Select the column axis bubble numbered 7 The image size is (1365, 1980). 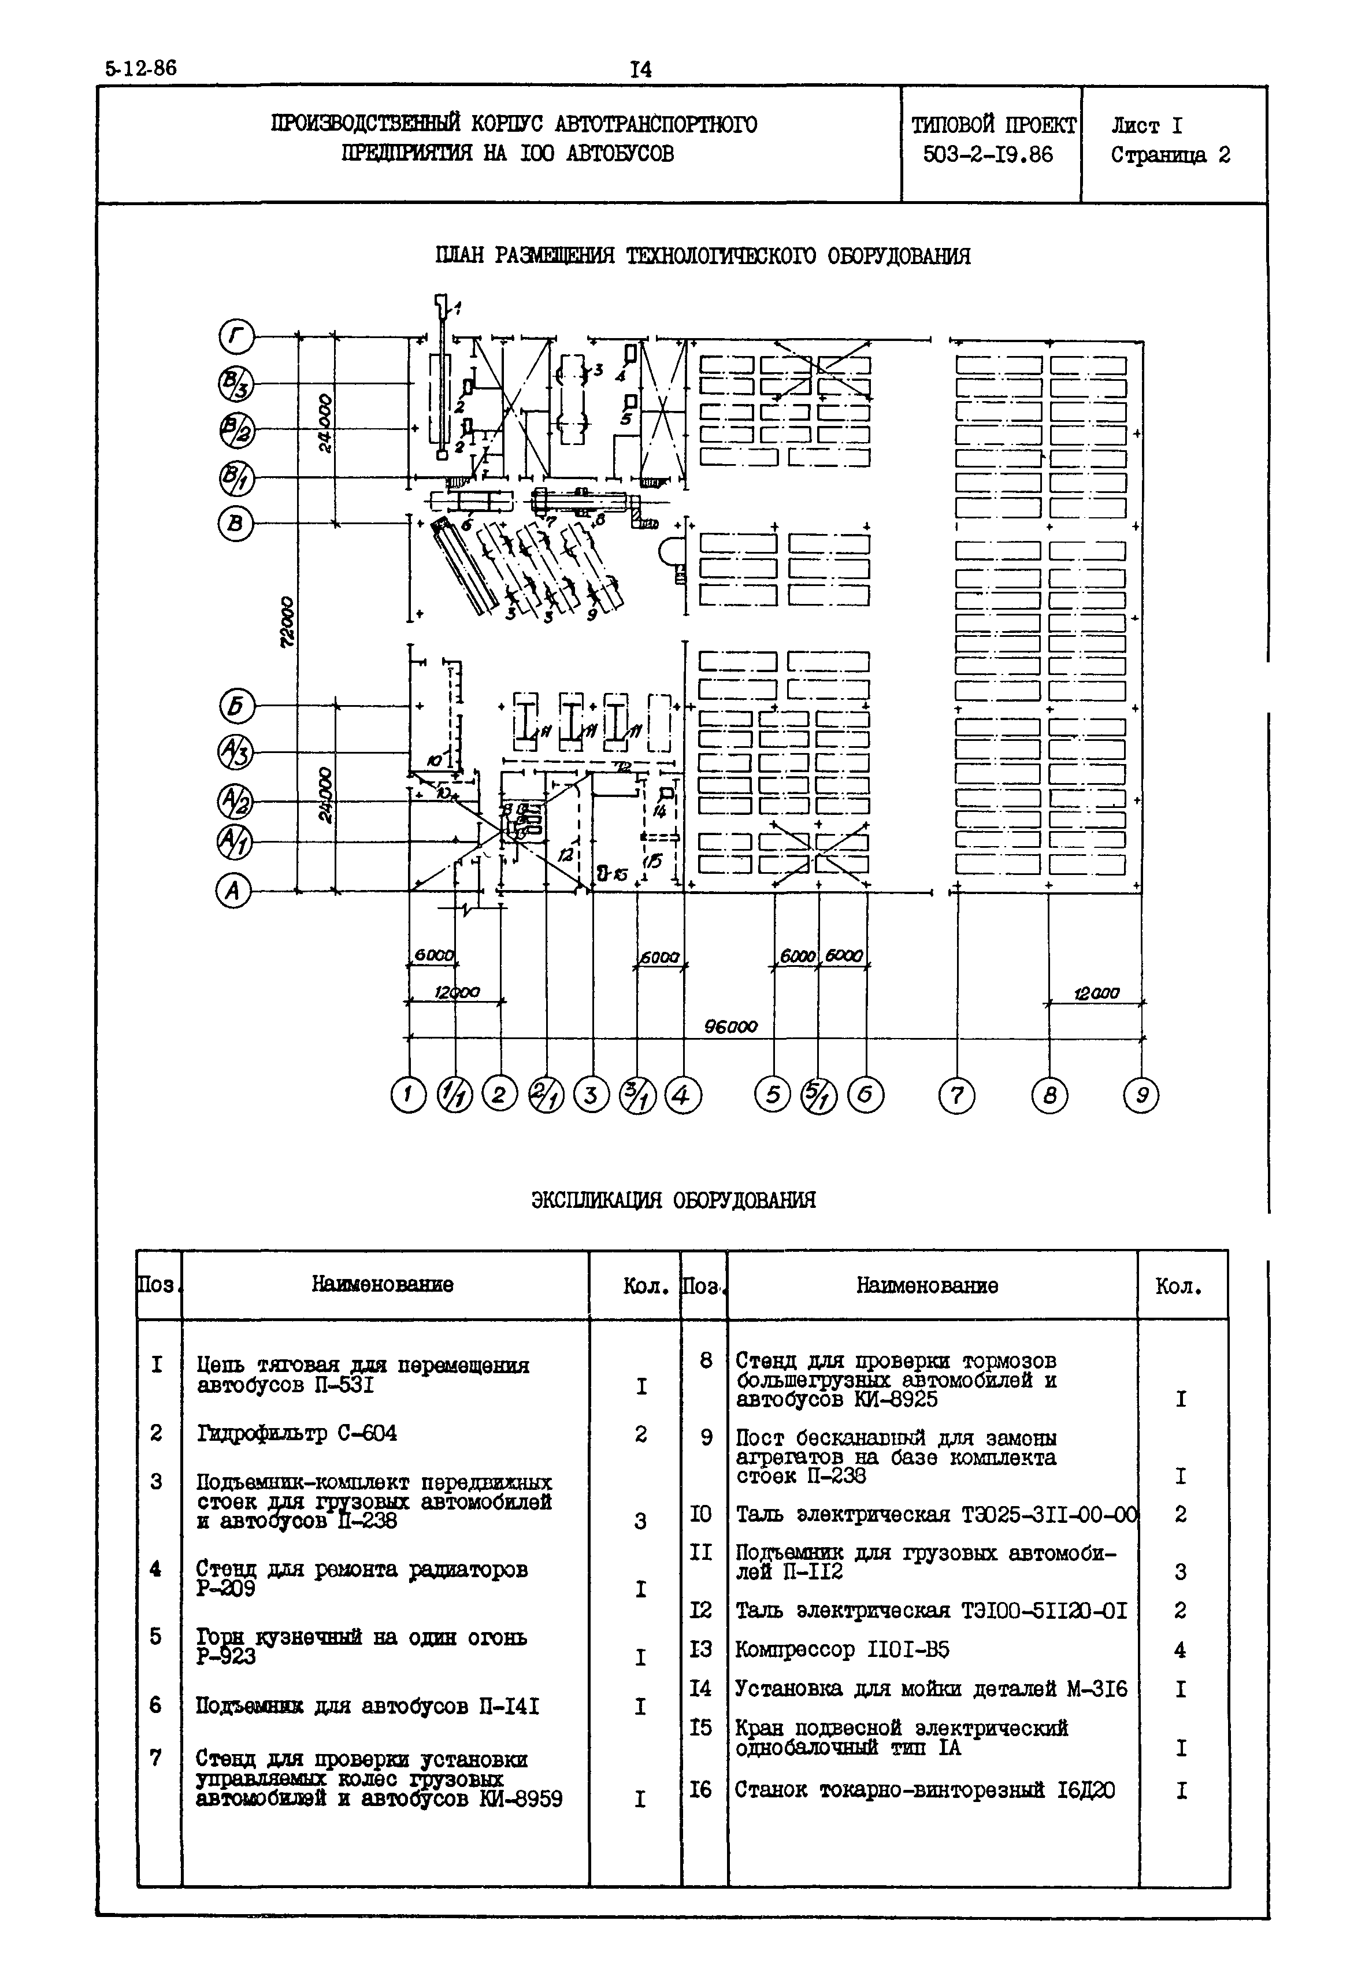tap(956, 1096)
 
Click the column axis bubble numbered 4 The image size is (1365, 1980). tap(682, 1096)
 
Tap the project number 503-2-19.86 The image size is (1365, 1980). tap(988, 155)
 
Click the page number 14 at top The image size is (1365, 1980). tap(640, 70)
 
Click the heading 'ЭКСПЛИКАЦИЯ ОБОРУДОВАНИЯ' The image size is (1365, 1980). tap(673, 1200)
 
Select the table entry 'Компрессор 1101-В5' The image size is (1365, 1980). tap(841, 1649)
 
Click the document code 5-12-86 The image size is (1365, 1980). tap(141, 68)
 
